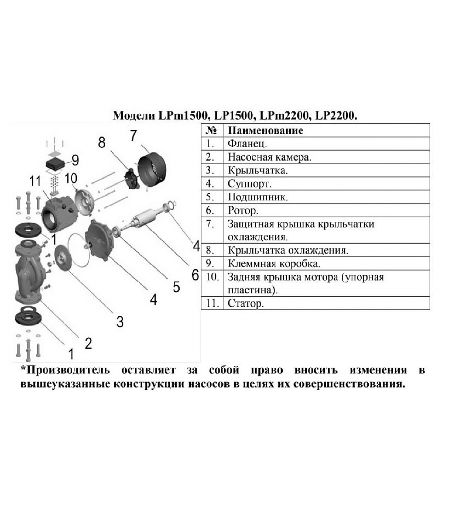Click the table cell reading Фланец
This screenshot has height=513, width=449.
[x=247, y=144]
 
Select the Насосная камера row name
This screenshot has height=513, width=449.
[x=269, y=157]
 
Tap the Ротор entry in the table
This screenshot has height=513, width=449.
[x=243, y=211]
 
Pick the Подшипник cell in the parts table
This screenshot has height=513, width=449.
[x=258, y=197]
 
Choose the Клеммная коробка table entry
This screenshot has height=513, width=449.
[x=274, y=264]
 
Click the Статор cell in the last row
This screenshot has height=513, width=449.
[x=246, y=303]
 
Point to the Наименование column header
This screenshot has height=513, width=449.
[x=265, y=130]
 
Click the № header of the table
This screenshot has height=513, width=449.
[x=212, y=130]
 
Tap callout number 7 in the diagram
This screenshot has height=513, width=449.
[x=134, y=136]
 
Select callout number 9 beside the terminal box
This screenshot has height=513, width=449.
[x=75, y=160]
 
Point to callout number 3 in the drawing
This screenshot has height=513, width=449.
[x=120, y=321]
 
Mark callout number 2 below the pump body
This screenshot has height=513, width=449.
[x=89, y=343]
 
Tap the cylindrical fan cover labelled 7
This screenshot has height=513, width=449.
[x=152, y=169]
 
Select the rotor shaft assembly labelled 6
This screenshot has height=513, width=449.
[x=146, y=220]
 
